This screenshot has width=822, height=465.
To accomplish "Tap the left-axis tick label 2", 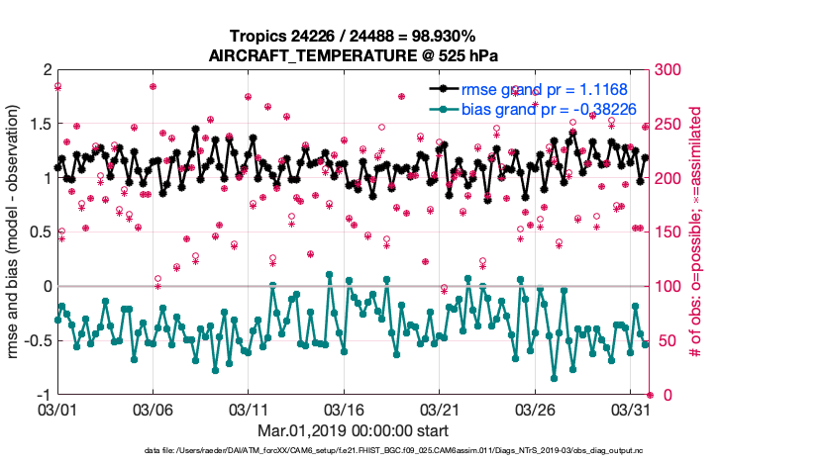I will (x=46, y=69).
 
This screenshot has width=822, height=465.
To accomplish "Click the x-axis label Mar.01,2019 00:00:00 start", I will (x=352, y=430).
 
